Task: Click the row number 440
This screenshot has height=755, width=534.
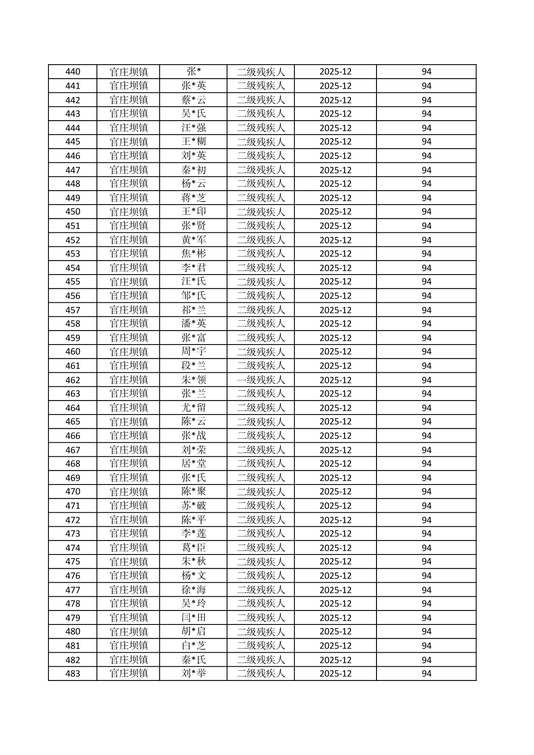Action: click(x=73, y=72)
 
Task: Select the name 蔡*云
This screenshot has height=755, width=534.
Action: click(x=193, y=100)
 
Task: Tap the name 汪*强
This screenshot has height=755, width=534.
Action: click(x=193, y=128)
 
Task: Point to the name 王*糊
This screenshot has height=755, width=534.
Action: click(x=193, y=142)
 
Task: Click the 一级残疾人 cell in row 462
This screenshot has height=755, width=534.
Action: click(x=261, y=380)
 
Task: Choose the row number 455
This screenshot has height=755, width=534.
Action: click(x=73, y=282)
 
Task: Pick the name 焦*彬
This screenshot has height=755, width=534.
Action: click(x=193, y=253)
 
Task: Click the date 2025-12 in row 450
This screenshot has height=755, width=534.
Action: click(x=335, y=212)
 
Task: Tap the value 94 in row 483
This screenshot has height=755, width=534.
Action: click(x=426, y=673)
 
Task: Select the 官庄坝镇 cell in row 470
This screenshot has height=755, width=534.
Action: click(x=129, y=492)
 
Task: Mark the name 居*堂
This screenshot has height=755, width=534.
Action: click(x=193, y=463)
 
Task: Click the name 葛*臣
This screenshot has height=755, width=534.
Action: click(x=193, y=548)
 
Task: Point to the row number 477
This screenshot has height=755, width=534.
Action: click(x=73, y=590)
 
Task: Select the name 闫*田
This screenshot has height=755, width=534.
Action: click(x=193, y=618)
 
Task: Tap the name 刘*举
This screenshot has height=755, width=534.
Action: click(x=193, y=673)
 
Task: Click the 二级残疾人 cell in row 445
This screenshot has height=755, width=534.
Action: click(x=261, y=142)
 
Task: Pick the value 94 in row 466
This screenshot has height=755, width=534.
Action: click(x=426, y=436)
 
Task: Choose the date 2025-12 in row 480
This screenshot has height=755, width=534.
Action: click(x=335, y=632)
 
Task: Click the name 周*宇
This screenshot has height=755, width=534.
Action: click(x=193, y=352)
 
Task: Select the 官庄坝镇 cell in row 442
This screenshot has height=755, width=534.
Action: click(x=129, y=100)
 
